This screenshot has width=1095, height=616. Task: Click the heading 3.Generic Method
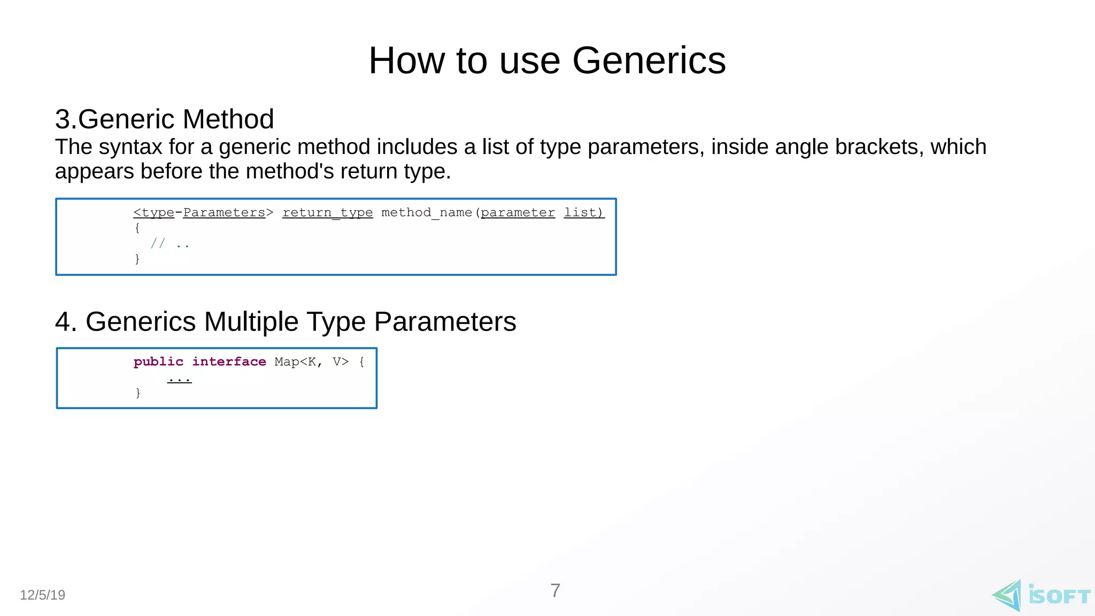point(164,119)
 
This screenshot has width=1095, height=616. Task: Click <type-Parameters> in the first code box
point(203,213)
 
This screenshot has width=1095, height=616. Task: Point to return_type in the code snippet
point(327,213)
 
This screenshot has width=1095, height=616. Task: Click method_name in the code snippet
point(426,213)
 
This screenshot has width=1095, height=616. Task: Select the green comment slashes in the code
point(158,244)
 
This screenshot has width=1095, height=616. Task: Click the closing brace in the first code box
point(137,259)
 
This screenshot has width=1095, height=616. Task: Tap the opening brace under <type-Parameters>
point(137,228)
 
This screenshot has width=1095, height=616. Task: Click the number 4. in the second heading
point(66,322)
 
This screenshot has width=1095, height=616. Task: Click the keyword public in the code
point(158,362)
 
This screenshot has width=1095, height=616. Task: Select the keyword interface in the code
point(229,362)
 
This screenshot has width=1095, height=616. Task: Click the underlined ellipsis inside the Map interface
point(179,379)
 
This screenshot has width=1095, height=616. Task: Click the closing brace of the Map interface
point(138,393)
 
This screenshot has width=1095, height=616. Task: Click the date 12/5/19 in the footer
point(42,595)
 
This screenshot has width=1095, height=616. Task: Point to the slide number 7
point(555,591)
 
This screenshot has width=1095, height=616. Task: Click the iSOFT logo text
point(1059,596)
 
